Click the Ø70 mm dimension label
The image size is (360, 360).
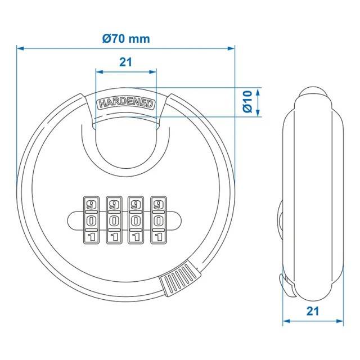click(126, 39)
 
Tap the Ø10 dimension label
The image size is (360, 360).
click(247, 102)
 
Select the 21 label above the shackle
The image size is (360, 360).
click(126, 62)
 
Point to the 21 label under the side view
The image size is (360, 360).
click(313, 311)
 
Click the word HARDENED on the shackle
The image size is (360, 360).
click(126, 103)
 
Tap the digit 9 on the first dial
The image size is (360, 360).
click(91, 204)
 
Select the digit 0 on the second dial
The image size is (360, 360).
click(114, 221)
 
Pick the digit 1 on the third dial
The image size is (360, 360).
click(136, 237)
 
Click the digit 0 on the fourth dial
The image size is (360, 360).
click(158, 221)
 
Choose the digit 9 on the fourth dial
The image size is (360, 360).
click(158, 204)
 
